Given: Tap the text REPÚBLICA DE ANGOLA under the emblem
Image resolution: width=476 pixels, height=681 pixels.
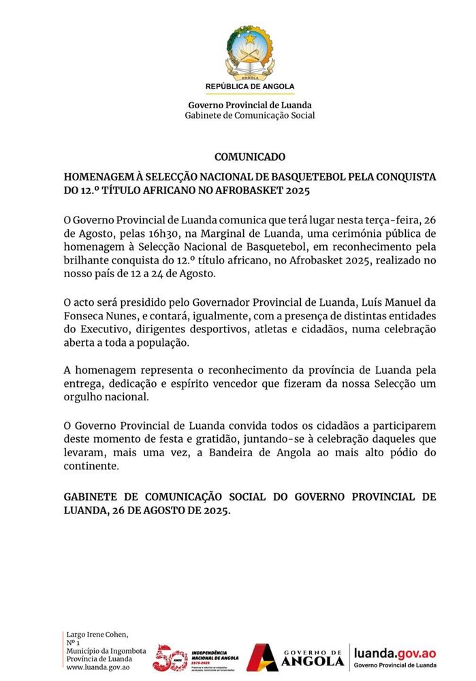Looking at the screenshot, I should point(250,86).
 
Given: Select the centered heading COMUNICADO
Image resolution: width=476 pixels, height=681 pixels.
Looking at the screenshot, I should point(250,157).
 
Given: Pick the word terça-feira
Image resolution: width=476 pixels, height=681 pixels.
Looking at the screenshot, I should point(390,219).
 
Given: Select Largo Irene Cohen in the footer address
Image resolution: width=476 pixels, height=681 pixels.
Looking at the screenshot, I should point(97,634).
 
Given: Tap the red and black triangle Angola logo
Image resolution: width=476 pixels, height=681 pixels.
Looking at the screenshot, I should point(261,658).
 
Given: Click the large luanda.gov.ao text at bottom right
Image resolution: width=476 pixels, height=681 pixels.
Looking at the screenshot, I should point(395,653).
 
